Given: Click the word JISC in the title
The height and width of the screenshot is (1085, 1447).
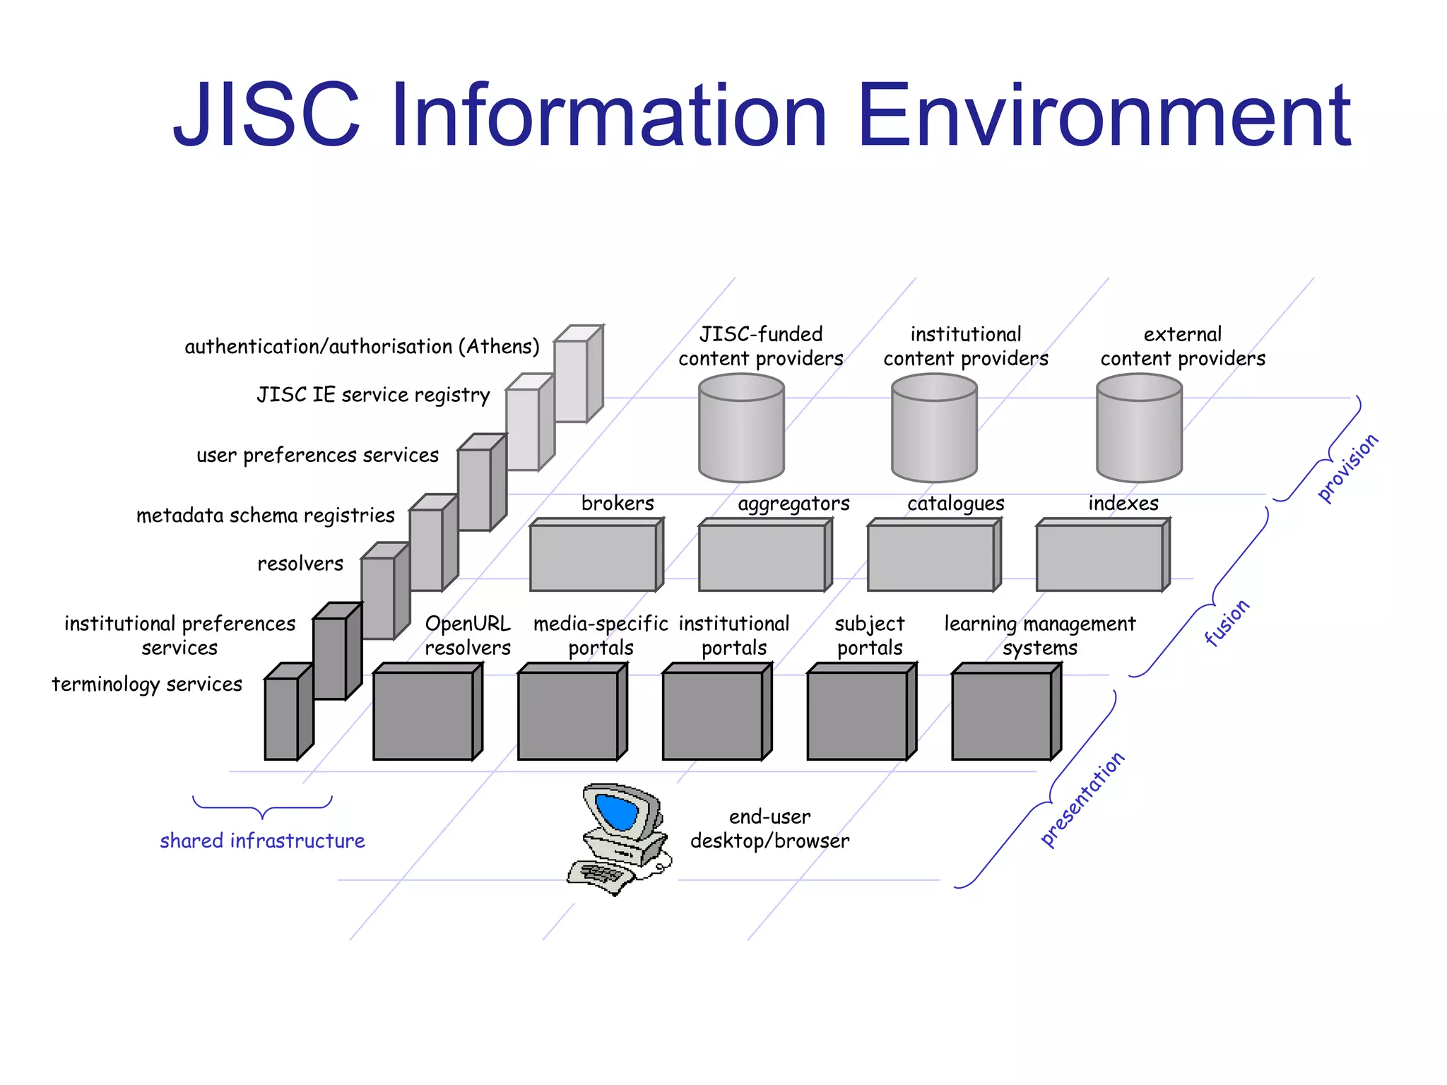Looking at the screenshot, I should [x=267, y=115].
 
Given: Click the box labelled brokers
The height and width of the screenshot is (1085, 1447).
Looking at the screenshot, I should [x=593, y=557].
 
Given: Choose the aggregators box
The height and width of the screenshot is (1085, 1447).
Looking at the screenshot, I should [x=762, y=557].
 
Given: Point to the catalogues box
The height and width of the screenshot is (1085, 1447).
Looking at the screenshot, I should [x=931, y=557].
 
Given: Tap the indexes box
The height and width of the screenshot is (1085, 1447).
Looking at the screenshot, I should [x=1099, y=557].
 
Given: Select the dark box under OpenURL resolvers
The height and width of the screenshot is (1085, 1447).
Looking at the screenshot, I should [x=423, y=715].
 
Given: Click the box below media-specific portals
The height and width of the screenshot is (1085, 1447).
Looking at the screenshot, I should [x=568, y=715].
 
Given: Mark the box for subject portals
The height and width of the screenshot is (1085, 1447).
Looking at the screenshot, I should [x=857, y=715].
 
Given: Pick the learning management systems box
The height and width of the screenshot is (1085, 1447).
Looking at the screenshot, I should [x=1002, y=715].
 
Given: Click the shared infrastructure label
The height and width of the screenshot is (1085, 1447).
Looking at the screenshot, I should [x=262, y=841].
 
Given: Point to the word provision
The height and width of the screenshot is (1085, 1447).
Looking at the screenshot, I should [x=1347, y=468].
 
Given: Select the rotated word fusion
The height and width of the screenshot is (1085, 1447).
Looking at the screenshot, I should [x=1227, y=622].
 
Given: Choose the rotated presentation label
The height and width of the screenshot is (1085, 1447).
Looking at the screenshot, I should [x=1082, y=799].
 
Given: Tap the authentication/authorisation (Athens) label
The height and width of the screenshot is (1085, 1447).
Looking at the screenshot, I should [x=362, y=347].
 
